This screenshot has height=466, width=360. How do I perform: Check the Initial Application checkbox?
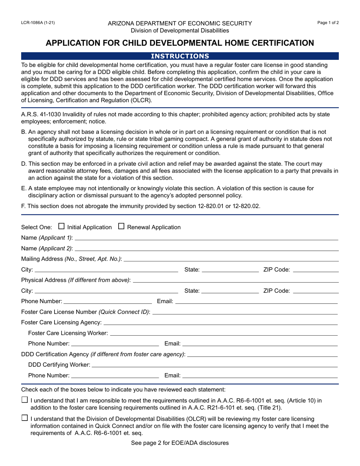click(61, 227)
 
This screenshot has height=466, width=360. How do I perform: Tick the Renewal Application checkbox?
click(121, 227)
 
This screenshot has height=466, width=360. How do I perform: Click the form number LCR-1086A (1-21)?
click(38, 23)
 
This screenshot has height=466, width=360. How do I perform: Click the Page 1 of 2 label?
click(328, 23)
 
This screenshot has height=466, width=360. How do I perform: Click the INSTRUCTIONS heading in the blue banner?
click(180, 56)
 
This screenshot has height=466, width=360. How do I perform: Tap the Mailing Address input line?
click(231, 259)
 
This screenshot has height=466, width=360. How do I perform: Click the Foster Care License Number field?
click(244, 312)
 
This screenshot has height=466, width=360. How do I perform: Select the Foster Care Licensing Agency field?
click(220, 322)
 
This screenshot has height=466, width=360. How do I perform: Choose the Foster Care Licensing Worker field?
click(224, 333)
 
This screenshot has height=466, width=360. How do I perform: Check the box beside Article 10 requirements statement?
click(25, 400)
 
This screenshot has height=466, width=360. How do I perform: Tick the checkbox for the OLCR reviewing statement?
click(25, 418)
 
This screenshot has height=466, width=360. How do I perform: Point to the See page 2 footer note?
click(180, 443)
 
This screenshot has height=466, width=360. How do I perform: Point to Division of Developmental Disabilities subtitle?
click(180, 30)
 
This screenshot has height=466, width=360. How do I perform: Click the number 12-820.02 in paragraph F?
click(246, 206)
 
